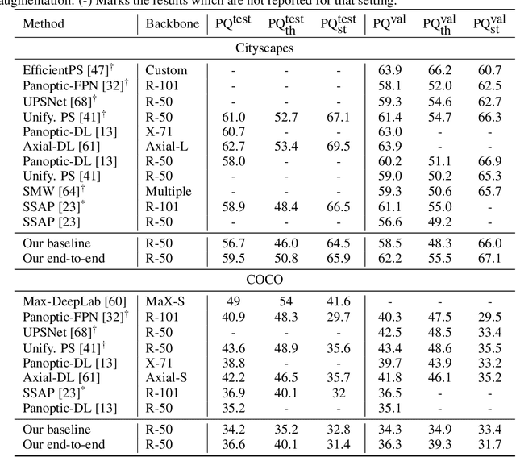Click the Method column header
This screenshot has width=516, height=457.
[x=43, y=24]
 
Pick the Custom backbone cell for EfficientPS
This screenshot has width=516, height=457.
[x=166, y=70]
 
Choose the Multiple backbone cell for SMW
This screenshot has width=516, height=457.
[x=169, y=191]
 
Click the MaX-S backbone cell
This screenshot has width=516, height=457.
[x=165, y=301]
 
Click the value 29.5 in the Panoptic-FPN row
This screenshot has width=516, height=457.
[x=484, y=317]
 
